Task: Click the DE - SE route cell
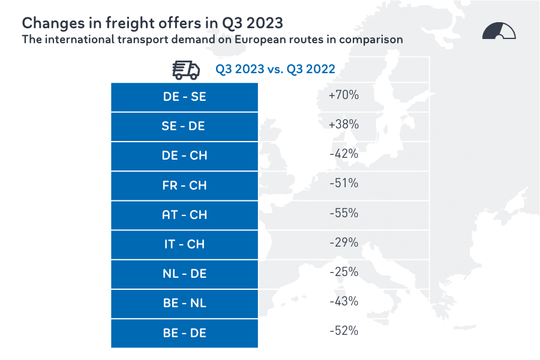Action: [x=184, y=97]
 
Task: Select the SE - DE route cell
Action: [x=184, y=126]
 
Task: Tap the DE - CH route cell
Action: [x=184, y=155]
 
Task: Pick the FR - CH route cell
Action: [x=184, y=185]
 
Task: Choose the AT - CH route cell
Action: [x=184, y=215]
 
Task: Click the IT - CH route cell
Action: [x=184, y=244]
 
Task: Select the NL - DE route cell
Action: [x=184, y=274]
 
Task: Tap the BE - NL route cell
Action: [x=184, y=303]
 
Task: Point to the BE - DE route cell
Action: [x=184, y=332]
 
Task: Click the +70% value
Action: [x=344, y=95]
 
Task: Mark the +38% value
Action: [x=344, y=124]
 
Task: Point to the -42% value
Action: [x=344, y=154]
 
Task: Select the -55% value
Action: [x=344, y=213]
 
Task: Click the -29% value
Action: [x=344, y=242]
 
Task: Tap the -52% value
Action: [x=344, y=331]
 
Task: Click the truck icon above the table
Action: [x=186, y=70]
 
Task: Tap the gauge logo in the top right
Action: [x=499, y=31]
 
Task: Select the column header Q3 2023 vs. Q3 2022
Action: [x=275, y=70]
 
